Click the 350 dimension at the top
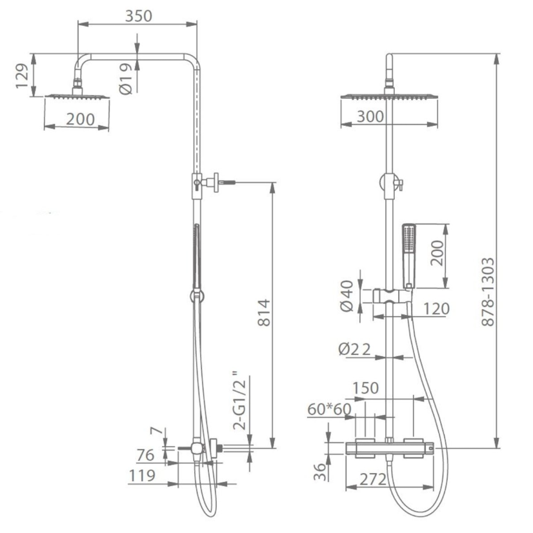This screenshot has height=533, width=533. pyautogui.click(x=138, y=16)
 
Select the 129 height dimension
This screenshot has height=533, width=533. pyautogui.click(x=23, y=75)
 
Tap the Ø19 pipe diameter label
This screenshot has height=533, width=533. pyautogui.click(x=125, y=79)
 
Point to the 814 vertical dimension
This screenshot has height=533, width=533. pyautogui.click(x=264, y=312)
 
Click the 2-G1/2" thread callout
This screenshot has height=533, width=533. pyautogui.click(x=239, y=402)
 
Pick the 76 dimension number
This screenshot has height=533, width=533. pyautogui.click(x=145, y=455)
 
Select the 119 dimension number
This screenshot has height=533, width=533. pyautogui.click(x=142, y=476)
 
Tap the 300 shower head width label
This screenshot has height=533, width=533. pyautogui.click(x=370, y=117)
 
